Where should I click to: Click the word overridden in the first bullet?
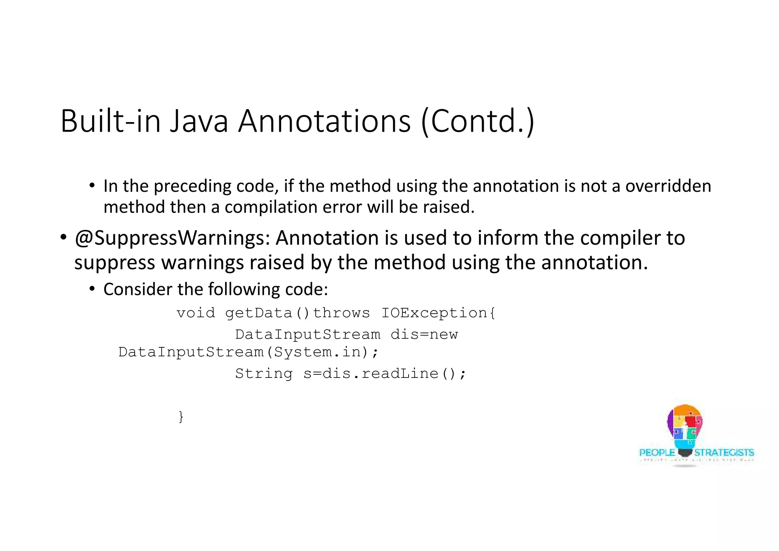(668, 186)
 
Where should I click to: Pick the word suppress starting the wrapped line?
(114, 263)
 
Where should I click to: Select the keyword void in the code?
(196, 313)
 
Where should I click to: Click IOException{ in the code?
(438, 313)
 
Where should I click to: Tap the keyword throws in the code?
(341, 313)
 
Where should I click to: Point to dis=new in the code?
(424, 334)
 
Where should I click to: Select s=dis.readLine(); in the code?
(385, 374)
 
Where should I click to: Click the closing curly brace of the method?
(181, 417)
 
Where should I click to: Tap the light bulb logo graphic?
(685, 430)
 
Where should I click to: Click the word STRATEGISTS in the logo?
(724, 452)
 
